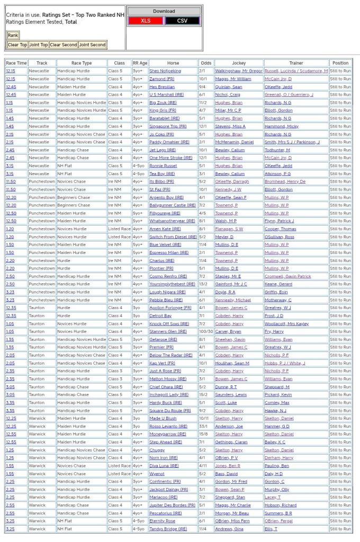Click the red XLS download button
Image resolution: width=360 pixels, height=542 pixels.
[145, 20]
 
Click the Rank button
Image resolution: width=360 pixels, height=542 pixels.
[13, 35]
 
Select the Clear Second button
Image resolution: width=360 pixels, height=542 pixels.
[63, 44]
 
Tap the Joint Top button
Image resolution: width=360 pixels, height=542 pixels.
[38, 44]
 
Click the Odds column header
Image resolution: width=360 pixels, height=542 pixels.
[205, 62]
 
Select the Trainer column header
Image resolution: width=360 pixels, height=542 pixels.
[296, 62]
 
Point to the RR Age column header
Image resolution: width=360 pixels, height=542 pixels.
[140, 62]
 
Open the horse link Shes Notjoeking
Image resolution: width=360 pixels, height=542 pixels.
[165, 70]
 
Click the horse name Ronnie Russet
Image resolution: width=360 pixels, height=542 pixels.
[162, 166]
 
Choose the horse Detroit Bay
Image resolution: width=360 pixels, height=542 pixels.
[160, 315]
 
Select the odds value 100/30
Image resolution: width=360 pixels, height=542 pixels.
[206, 331]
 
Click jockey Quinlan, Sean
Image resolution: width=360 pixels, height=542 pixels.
[229, 86]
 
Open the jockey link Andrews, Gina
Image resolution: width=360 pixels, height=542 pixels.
[229, 529]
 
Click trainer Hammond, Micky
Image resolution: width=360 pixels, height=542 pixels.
[281, 126]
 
